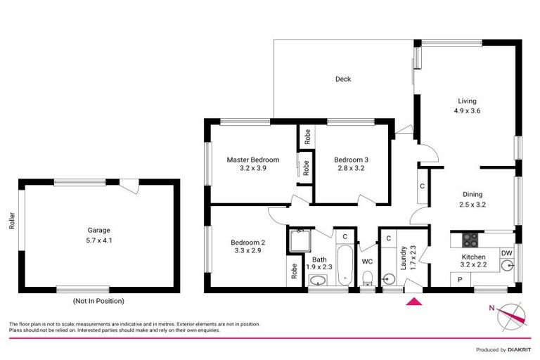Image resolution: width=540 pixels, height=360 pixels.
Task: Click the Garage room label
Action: [x=99, y=230]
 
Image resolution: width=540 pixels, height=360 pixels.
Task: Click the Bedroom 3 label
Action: [x=351, y=160]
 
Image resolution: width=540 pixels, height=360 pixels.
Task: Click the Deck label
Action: [x=343, y=79]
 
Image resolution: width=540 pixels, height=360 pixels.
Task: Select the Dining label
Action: [x=472, y=195]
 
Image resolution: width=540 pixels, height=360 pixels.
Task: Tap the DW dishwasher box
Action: [x=506, y=252]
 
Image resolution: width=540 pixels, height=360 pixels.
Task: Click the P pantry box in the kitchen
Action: [x=460, y=279]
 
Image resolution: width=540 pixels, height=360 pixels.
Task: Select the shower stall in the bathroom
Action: [x=298, y=240]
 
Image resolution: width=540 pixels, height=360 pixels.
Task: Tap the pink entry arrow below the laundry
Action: [x=416, y=302]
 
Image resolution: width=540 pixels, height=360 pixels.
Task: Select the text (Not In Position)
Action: [x=98, y=301]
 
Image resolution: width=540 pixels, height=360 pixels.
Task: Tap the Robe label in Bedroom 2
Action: [x=293, y=271]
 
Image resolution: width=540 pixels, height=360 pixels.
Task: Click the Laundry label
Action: [x=404, y=258]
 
